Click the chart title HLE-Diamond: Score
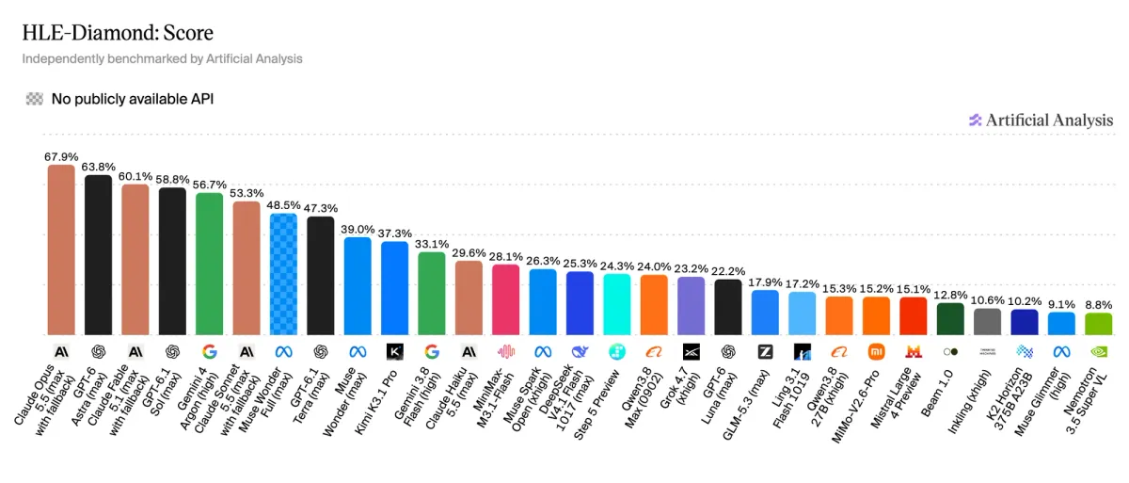click(118, 33)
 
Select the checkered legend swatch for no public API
click(35, 99)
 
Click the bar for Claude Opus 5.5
click(61, 250)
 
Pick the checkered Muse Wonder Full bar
click(284, 274)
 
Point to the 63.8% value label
click(98, 167)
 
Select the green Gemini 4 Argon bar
click(209, 264)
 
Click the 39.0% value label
click(358, 230)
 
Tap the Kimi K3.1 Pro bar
click(394, 288)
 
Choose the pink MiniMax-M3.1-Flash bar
click(505, 299)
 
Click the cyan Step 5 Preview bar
click(617, 304)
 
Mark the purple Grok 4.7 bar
click(691, 306)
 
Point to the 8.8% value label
click(1098, 305)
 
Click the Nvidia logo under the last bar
click(1099, 351)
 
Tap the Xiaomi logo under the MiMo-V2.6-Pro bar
click(877, 351)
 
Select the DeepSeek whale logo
click(580, 351)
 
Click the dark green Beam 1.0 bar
click(950, 318)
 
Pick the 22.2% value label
click(728, 271)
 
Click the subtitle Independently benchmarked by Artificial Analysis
click(162, 59)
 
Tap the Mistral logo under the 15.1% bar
click(914, 351)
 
